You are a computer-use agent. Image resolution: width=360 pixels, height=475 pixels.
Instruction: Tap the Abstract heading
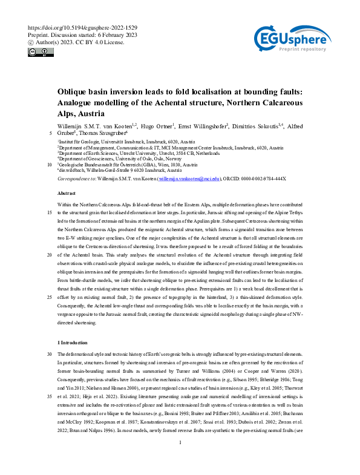(66, 192)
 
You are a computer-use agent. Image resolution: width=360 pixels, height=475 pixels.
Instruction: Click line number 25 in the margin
(49, 297)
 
